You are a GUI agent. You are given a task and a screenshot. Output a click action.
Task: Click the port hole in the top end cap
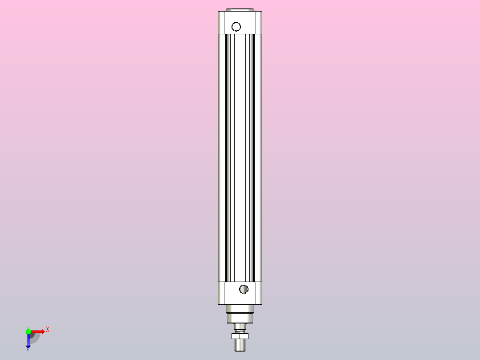[236, 27]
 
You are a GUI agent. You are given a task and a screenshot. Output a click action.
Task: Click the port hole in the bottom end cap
[244, 289]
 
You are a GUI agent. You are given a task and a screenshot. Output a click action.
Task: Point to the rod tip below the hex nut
[240, 345]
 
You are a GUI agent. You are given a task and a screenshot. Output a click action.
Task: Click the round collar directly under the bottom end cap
[240, 309]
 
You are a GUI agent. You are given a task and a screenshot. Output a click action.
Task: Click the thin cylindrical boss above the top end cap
[240, 9]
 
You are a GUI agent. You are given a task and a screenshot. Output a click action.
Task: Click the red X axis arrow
[37, 331]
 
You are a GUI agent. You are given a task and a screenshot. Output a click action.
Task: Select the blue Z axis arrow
[28, 341]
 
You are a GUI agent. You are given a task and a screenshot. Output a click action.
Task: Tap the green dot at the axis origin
[28, 331]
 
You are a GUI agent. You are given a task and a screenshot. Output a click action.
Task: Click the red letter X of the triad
[48, 330]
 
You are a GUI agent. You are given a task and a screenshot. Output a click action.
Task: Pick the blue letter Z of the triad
[28, 350]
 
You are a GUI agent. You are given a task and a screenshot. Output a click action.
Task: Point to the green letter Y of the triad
[28, 327]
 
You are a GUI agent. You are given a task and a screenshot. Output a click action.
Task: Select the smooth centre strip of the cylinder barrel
[240, 156]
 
